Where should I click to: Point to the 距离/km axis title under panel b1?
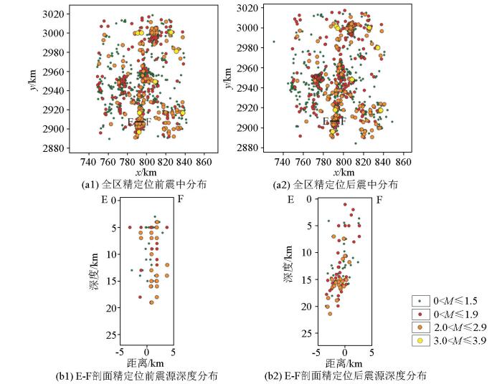tap(146, 363)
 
